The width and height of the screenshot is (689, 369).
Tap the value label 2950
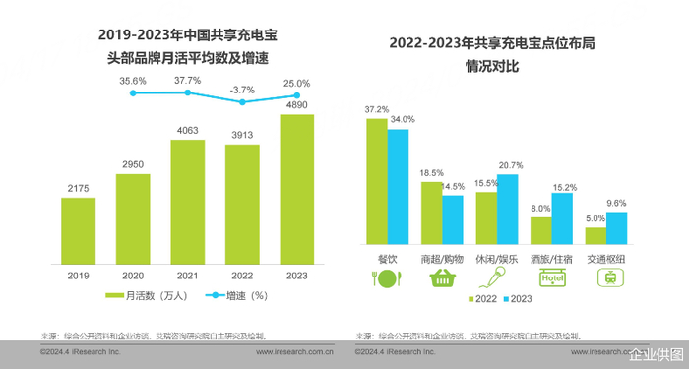coord(133,163)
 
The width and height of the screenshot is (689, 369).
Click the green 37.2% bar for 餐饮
coord(376,181)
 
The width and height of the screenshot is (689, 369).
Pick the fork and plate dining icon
coord(386,278)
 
